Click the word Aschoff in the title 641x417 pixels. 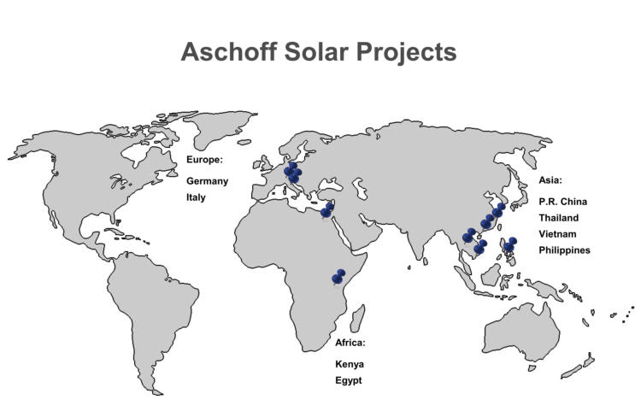click(x=229, y=52)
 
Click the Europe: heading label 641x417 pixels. click(x=205, y=160)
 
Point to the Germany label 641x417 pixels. click(x=208, y=181)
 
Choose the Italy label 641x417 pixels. click(x=196, y=197)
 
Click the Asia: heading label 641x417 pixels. click(x=550, y=180)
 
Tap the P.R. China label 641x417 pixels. click(x=563, y=202)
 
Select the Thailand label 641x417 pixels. click(x=558, y=218)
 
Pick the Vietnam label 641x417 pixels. click(x=557, y=234)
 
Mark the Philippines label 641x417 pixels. click(x=565, y=250)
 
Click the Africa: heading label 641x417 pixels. click(x=350, y=343)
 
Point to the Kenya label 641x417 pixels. click(x=350, y=364)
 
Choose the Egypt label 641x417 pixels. click(x=349, y=380)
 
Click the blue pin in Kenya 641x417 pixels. click(x=338, y=277)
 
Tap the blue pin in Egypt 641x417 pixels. click(x=327, y=210)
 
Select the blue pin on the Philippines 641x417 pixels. click(x=509, y=244)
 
